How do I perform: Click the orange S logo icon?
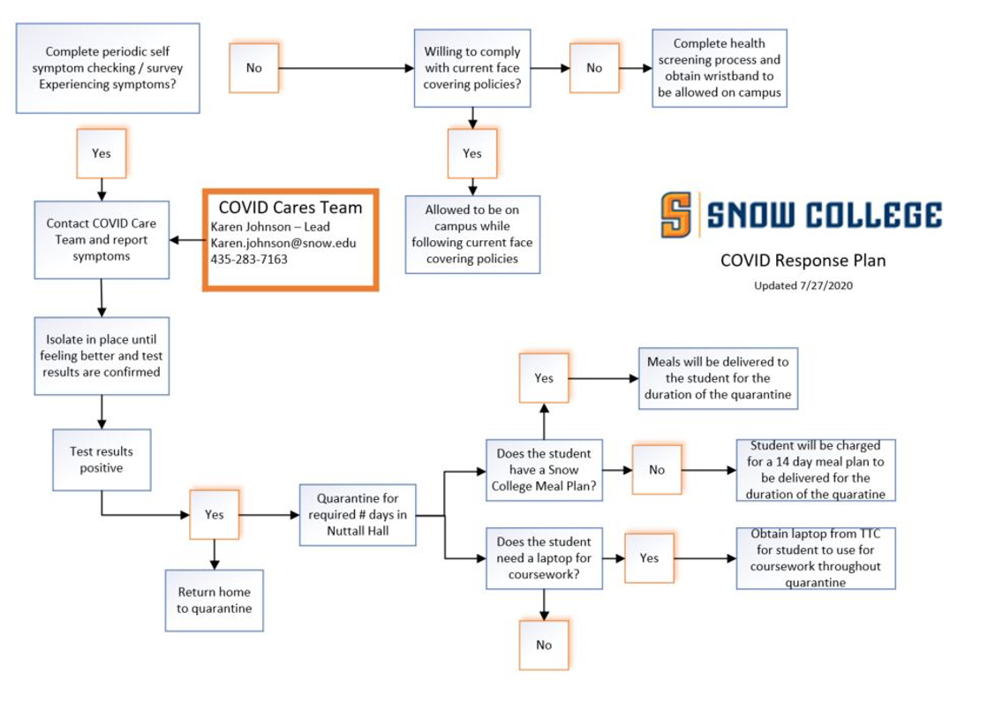pyautogui.click(x=678, y=216)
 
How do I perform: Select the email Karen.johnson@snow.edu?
pyautogui.click(x=283, y=243)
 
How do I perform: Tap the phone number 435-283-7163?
pyautogui.click(x=249, y=260)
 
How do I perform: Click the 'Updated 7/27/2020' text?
pyautogui.click(x=803, y=285)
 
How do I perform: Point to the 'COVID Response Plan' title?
pyautogui.click(x=803, y=261)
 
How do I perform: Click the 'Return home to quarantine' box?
pyautogui.click(x=214, y=600)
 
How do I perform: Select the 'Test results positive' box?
pyautogui.click(x=102, y=459)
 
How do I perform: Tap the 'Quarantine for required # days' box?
pyautogui.click(x=358, y=515)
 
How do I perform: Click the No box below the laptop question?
pyautogui.click(x=543, y=645)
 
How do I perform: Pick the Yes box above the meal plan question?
pyautogui.click(x=543, y=378)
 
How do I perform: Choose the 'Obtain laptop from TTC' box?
pyautogui.click(x=816, y=558)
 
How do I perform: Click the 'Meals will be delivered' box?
pyautogui.click(x=718, y=378)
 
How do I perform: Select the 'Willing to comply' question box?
pyautogui.click(x=471, y=68)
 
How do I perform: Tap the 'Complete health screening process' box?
pyautogui.click(x=719, y=68)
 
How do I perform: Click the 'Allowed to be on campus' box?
pyautogui.click(x=471, y=234)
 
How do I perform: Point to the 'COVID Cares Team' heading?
pyautogui.click(x=290, y=208)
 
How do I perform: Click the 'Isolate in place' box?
pyautogui.click(x=102, y=355)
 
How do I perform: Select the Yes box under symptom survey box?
pyautogui.click(x=102, y=153)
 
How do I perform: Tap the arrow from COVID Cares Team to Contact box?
pyautogui.click(x=186, y=240)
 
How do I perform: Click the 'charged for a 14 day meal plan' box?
pyautogui.click(x=815, y=470)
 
